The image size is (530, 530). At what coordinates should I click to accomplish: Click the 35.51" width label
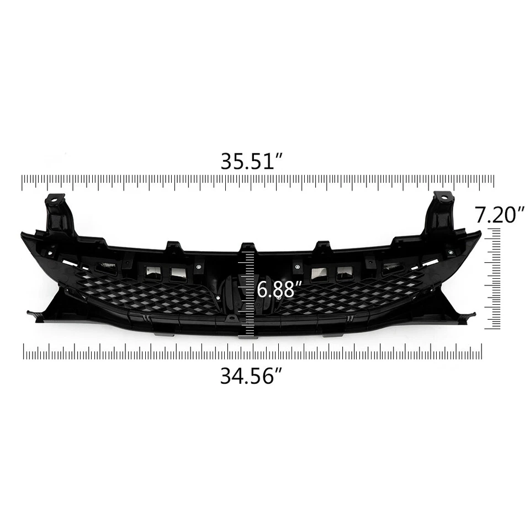(252, 161)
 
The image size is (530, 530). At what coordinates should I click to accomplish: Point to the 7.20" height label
(500, 215)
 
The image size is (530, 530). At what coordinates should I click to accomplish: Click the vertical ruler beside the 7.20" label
(492, 279)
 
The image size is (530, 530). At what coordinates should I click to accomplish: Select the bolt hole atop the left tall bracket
(55, 198)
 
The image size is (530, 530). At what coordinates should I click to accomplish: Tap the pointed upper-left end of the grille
(24, 235)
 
